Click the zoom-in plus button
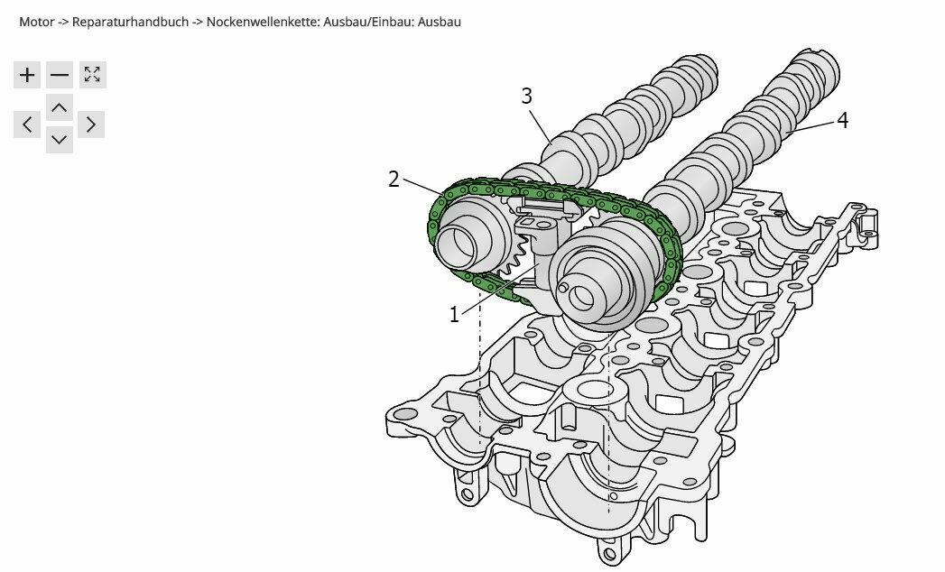pos(28,75)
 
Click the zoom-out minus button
pos(60,75)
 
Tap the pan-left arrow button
pos(28,125)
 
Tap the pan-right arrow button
pos(91,125)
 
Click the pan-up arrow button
pos(60,109)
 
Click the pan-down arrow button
pos(60,140)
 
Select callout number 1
pos(455,314)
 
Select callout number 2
pos(394,179)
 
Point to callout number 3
pos(527,97)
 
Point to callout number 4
pos(842,120)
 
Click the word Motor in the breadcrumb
pos(36,21)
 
